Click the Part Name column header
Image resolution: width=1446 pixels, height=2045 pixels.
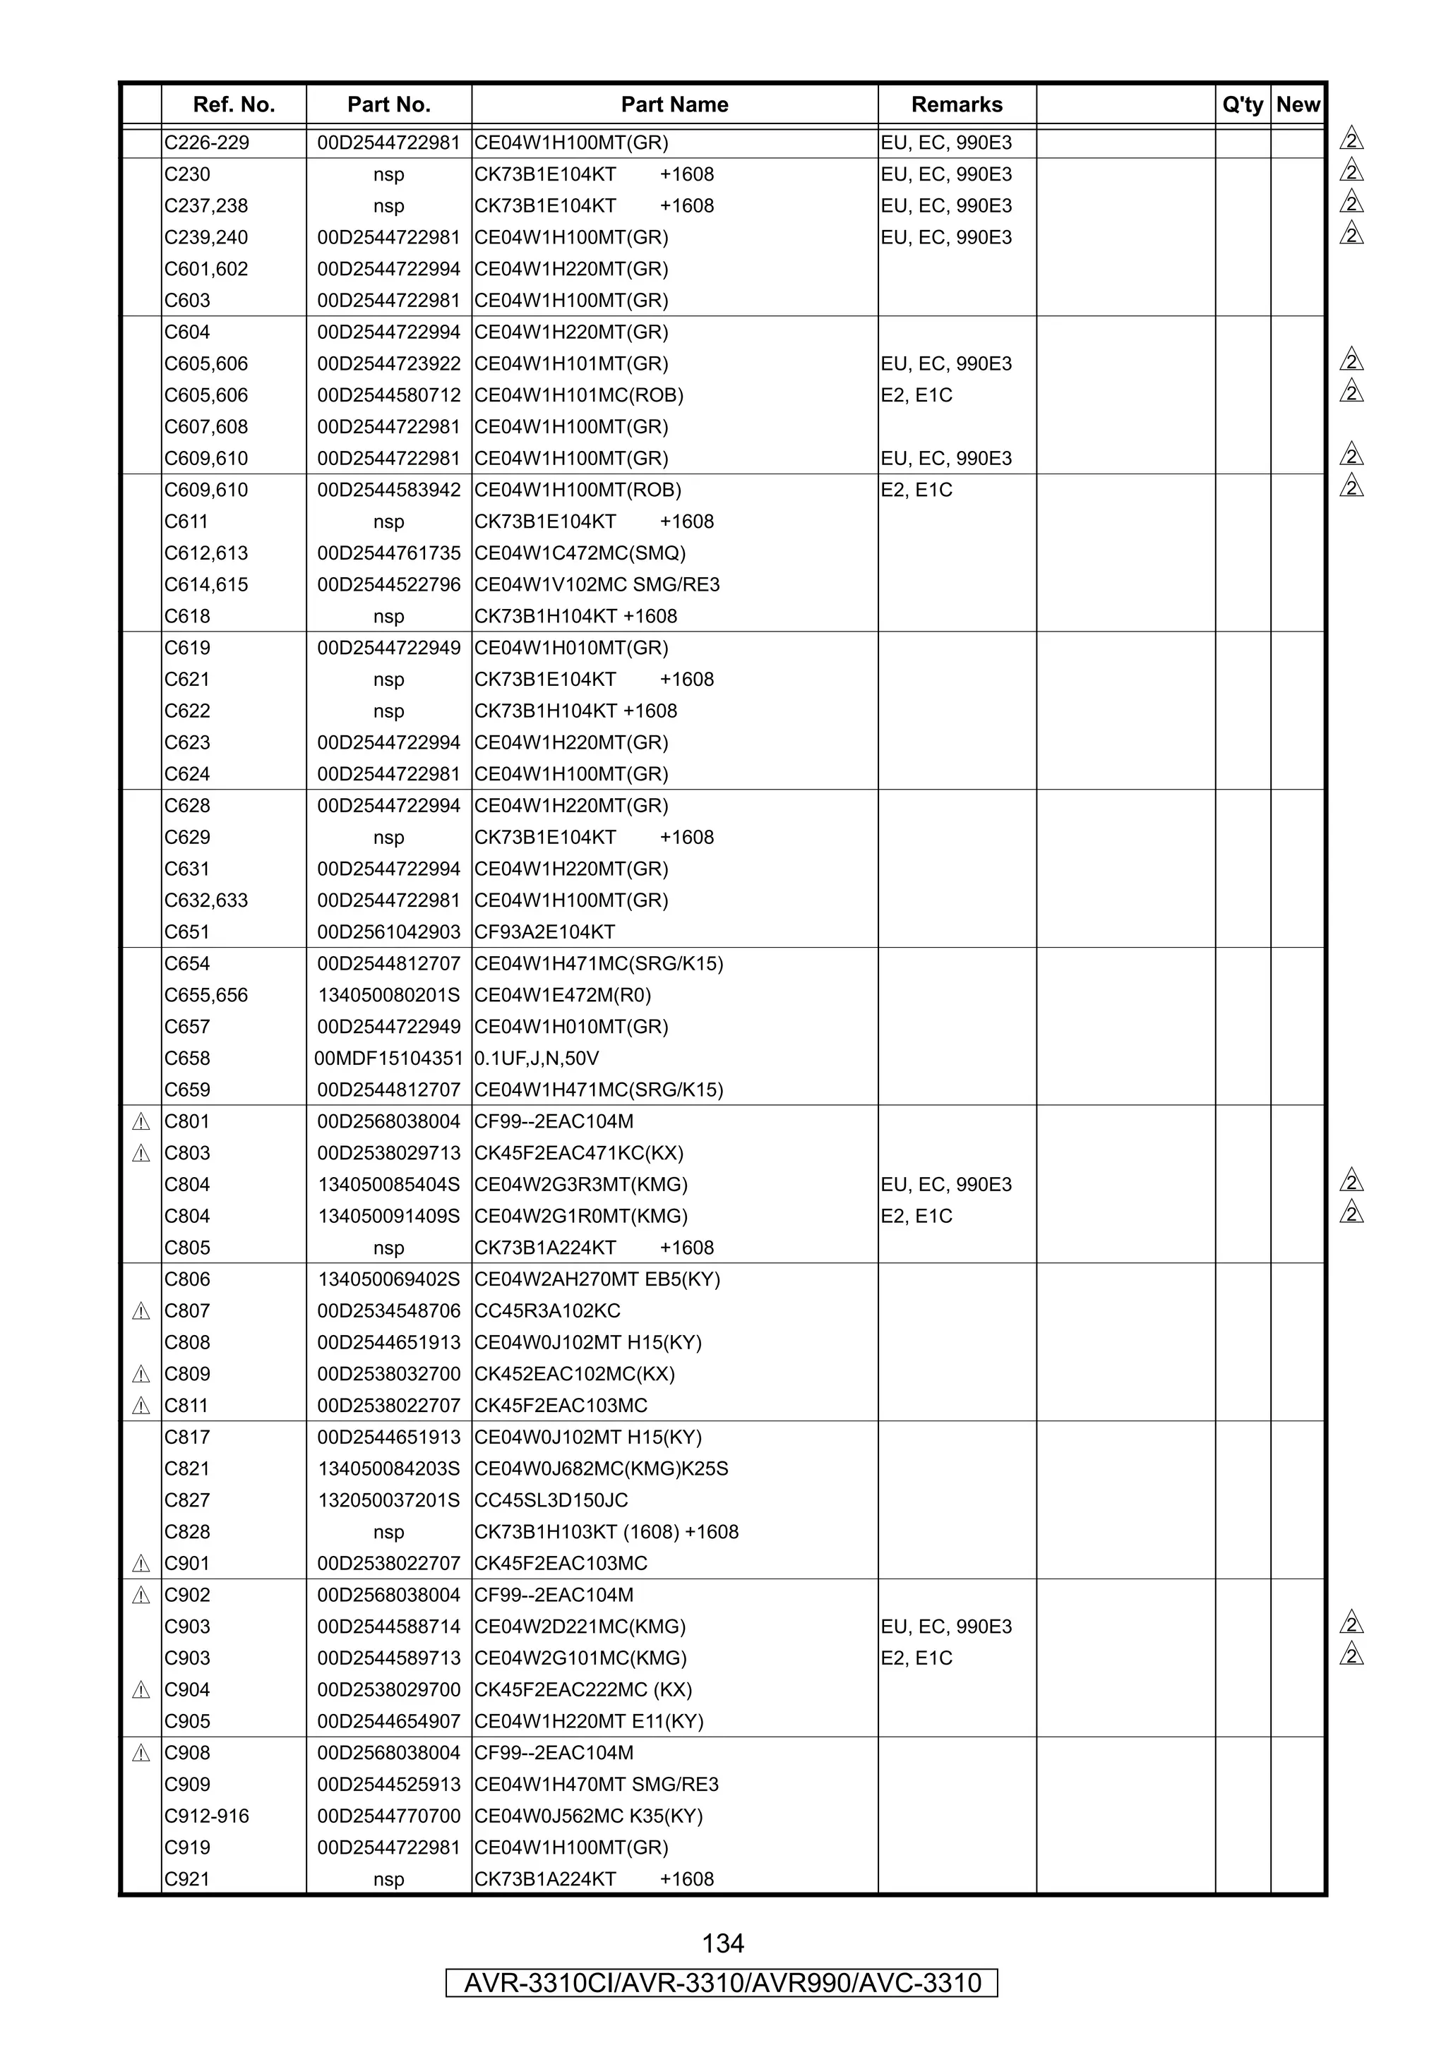[674, 105]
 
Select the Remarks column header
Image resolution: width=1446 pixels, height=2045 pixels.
[956, 105]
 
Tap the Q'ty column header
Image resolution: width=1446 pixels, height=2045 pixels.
[1242, 105]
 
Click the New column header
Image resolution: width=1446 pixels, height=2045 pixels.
[1297, 105]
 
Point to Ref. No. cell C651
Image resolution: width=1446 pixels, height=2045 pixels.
[187, 931]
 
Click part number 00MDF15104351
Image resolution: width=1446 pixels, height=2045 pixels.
[388, 1058]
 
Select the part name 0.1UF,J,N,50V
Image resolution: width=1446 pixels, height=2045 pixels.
[537, 1058]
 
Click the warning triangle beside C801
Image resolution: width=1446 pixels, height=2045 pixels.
[141, 1121]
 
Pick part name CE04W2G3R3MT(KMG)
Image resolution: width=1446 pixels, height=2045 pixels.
[581, 1185]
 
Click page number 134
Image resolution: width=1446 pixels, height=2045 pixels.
[722, 1943]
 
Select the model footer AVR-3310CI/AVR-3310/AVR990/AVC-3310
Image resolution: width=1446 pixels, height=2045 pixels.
[722, 1983]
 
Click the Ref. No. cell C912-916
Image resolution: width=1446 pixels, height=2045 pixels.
[207, 1816]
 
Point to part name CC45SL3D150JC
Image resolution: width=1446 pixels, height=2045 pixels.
[551, 1500]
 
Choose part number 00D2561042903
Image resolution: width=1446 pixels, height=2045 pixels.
[388, 931]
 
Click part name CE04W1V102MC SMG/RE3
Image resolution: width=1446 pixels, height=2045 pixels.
[597, 584]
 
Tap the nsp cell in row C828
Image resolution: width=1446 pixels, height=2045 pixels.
[388, 1532]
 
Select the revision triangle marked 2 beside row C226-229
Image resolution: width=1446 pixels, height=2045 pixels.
[1351, 140]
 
